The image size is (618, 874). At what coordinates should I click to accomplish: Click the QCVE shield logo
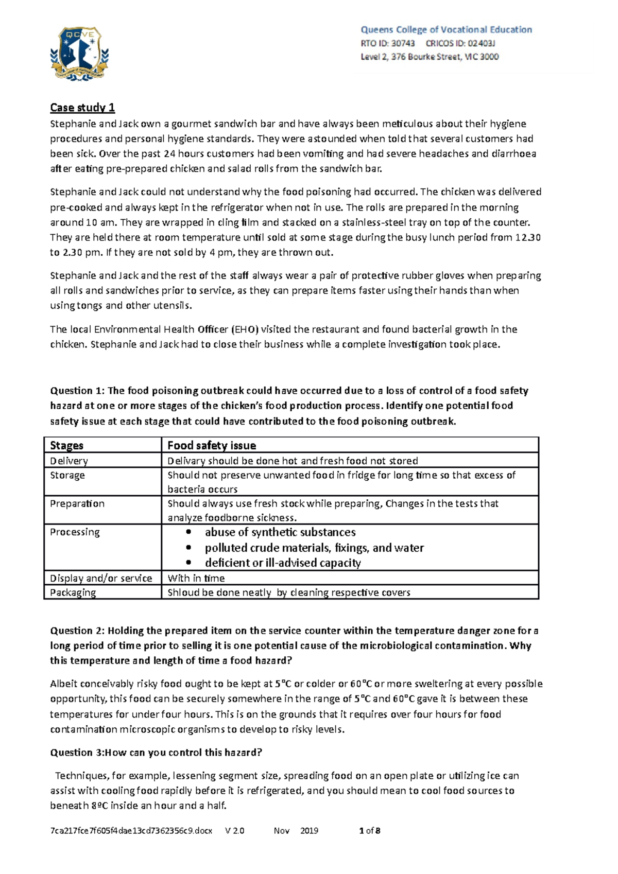click(79, 54)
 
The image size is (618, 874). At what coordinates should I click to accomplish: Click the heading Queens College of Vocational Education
click(446, 30)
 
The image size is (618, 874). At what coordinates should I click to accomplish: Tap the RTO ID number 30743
click(403, 44)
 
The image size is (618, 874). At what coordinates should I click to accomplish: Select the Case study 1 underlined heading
click(82, 108)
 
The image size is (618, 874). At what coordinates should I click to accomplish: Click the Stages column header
click(66, 445)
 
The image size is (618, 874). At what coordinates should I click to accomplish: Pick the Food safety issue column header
click(212, 445)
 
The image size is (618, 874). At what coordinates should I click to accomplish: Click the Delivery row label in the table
click(68, 461)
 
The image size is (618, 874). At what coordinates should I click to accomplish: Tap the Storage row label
click(67, 475)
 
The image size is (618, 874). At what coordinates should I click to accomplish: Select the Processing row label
click(75, 532)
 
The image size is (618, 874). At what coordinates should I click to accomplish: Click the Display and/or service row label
click(100, 578)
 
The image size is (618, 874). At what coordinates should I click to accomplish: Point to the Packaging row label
click(73, 592)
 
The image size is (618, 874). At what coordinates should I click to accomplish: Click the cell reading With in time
click(196, 578)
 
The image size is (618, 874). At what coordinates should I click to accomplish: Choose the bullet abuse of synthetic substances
click(280, 532)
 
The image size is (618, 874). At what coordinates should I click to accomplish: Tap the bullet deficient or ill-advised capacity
click(283, 563)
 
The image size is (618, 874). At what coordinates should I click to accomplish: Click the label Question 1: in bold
click(77, 391)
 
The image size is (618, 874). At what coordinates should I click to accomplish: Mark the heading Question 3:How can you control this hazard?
click(156, 753)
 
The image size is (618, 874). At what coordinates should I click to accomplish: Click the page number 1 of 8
click(369, 831)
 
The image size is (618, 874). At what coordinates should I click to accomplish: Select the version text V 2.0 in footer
click(235, 831)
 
